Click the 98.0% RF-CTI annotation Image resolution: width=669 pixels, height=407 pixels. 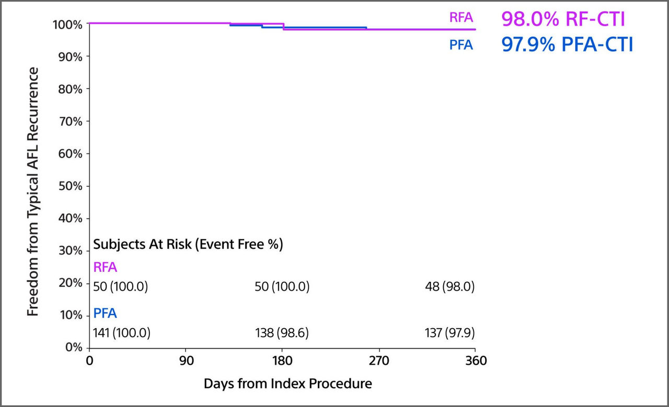tap(562, 19)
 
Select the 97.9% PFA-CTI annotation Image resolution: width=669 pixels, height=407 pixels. tap(567, 45)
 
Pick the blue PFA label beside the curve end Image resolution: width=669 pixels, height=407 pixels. tap(461, 45)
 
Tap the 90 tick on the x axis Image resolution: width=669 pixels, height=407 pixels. tap(186, 361)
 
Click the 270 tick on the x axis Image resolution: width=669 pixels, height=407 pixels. tap(379, 361)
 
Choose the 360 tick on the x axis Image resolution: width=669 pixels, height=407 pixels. tap(475, 361)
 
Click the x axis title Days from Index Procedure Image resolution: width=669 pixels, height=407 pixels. tap(287, 384)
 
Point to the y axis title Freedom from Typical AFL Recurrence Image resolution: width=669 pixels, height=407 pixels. tap(33, 191)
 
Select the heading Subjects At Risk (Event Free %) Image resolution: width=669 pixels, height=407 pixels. tap(188, 245)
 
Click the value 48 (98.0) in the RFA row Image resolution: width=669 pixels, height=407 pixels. tap(450, 287)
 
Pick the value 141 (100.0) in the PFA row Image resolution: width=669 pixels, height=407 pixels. tap(121, 333)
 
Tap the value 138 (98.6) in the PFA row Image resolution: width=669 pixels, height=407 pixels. tap(282, 333)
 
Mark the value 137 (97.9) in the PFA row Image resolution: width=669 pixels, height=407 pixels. tap(450, 333)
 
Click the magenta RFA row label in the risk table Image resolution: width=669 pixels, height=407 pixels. tap(105, 268)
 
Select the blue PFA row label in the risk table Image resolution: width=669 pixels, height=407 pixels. tap(105, 314)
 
